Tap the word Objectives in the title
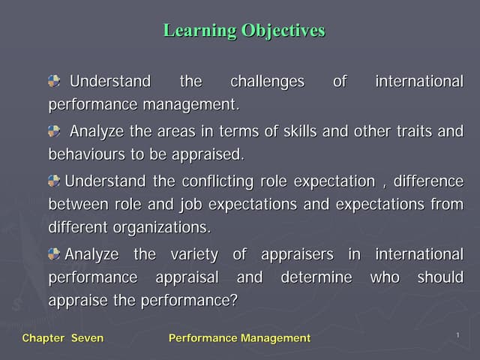(x=283, y=31)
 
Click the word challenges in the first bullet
(x=267, y=81)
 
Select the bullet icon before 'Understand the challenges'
(x=55, y=80)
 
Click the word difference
(x=430, y=181)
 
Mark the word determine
(x=316, y=277)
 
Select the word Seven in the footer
(x=87, y=338)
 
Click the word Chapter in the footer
(x=43, y=338)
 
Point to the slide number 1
(x=457, y=334)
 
